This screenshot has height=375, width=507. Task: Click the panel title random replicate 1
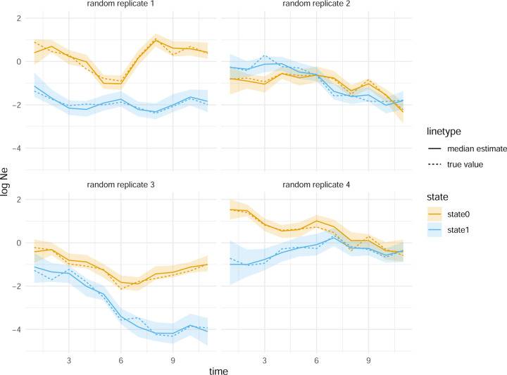[121, 5]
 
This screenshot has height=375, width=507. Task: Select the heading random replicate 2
[315, 5]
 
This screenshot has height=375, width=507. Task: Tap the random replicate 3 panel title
[121, 186]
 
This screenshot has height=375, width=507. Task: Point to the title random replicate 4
[315, 186]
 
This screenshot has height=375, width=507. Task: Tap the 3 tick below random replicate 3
[69, 358]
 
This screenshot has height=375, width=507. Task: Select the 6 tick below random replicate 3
[121, 358]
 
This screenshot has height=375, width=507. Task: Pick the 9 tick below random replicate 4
[368, 358]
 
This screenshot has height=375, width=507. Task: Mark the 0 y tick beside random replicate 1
[19, 61]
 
